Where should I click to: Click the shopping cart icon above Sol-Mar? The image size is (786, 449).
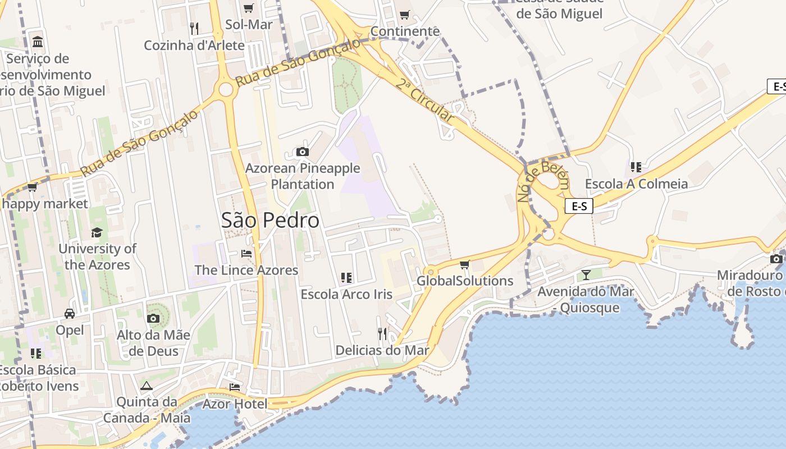(x=248, y=8)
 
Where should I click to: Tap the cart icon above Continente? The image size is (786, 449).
(x=404, y=15)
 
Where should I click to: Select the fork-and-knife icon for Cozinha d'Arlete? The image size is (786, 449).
(x=194, y=29)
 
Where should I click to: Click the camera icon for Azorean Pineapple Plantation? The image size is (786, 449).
(x=302, y=152)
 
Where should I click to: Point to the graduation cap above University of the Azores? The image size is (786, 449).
(x=97, y=232)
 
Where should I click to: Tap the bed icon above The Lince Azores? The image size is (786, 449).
(x=246, y=253)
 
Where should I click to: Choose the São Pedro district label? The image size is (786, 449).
(x=270, y=220)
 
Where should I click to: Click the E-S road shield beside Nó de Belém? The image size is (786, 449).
(x=578, y=206)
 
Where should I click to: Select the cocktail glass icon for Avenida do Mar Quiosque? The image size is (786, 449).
(x=586, y=274)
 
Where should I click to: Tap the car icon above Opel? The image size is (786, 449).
(x=70, y=313)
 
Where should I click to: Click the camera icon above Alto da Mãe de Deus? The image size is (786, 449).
(x=153, y=318)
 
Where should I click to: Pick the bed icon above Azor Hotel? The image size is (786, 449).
(x=235, y=387)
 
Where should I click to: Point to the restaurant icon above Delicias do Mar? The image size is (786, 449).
(x=382, y=334)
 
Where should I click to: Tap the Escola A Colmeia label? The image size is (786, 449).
(x=636, y=184)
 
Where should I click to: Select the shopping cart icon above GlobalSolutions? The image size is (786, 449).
(x=464, y=264)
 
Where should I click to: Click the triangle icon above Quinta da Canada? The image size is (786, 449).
(x=147, y=386)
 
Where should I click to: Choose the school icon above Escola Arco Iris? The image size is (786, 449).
(x=346, y=277)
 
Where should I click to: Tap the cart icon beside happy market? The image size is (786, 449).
(x=33, y=187)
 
